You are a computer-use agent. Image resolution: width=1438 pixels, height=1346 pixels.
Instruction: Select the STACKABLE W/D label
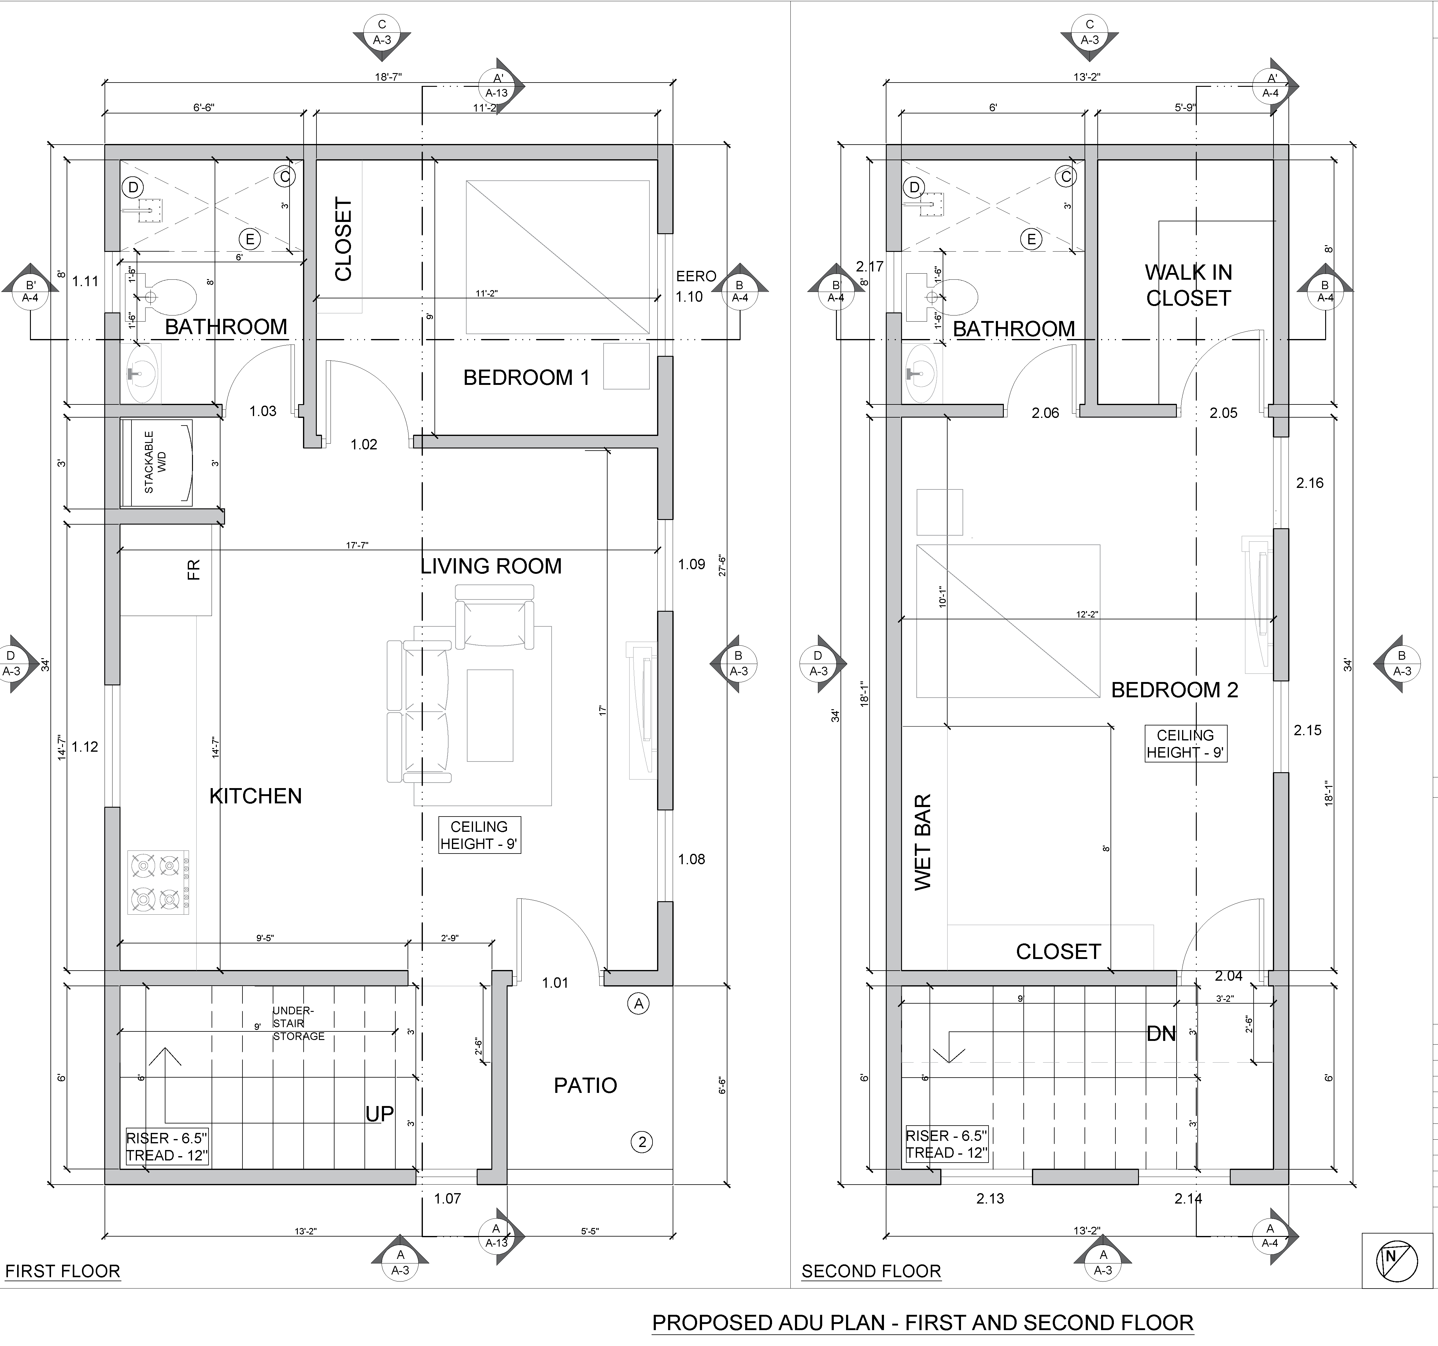(x=155, y=462)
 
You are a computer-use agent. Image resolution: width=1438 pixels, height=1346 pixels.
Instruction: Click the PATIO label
(x=585, y=1085)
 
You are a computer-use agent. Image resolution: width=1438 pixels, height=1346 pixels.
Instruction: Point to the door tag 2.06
(x=1045, y=413)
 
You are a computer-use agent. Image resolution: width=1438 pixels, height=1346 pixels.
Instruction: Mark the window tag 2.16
(x=1310, y=483)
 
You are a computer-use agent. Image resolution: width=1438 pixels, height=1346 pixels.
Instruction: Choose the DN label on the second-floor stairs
(x=1161, y=1034)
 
